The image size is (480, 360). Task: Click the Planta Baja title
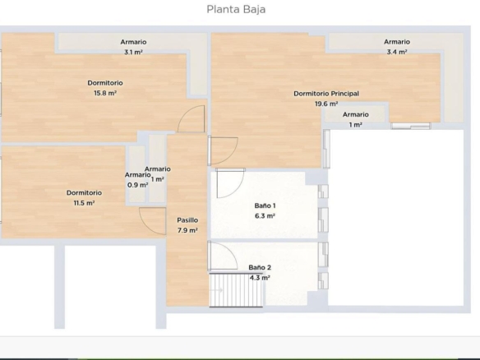[236, 10]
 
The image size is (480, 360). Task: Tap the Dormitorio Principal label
[326, 94]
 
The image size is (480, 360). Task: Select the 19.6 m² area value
[326, 104]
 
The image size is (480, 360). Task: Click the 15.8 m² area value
[105, 93]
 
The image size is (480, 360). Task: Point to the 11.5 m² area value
[84, 203]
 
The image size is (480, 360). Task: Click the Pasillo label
[187, 220]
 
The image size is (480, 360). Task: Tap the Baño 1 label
[265, 205]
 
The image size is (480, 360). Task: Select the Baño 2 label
[260, 268]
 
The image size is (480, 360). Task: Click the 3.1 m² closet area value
[133, 53]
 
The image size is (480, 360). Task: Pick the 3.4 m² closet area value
[397, 52]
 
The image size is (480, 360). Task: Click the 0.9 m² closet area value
[138, 185]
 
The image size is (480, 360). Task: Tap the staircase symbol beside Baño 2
[236, 290]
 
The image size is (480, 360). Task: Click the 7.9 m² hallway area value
[187, 230]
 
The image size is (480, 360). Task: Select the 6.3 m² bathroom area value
[265, 216]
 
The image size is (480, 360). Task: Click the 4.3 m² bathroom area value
[260, 278]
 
